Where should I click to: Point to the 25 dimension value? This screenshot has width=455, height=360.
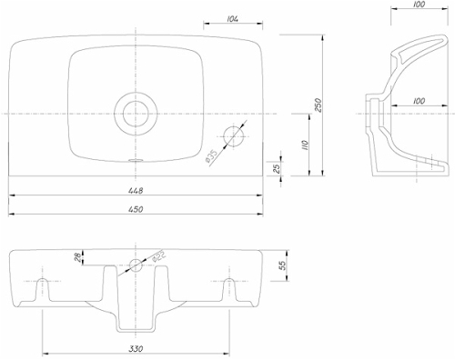277,167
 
